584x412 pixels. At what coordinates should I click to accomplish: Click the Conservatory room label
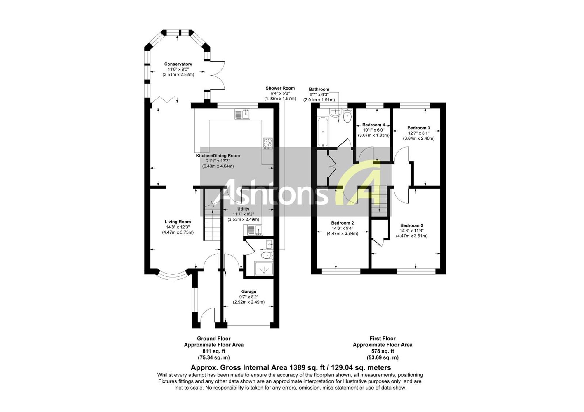[178, 64]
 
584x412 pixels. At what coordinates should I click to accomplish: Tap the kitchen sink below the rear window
[242, 114]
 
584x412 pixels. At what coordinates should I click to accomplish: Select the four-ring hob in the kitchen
[267, 143]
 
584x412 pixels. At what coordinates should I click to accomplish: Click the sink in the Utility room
[253, 230]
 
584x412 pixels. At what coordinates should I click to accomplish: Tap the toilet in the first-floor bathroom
[347, 116]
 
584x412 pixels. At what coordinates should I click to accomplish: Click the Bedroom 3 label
[419, 128]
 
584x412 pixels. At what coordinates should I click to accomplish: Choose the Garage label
[249, 292]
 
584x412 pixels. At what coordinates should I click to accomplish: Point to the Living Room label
[178, 222]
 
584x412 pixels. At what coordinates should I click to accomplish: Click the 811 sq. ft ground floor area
[214, 351]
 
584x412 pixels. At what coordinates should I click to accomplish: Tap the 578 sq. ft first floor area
[383, 351]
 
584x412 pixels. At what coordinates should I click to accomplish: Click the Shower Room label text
[280, 88]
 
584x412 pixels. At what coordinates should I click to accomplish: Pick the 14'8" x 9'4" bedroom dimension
[342, 228]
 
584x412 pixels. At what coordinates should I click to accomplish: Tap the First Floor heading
[383, 339]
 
